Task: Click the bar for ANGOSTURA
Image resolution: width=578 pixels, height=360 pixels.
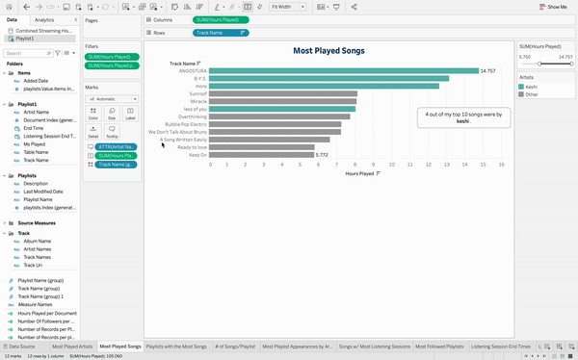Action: [343, 70]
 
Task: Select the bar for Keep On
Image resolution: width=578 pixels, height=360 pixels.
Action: [261, 154]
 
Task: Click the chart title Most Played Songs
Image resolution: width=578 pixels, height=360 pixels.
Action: [329, 50]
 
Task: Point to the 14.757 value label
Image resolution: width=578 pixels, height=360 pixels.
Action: [488, 70]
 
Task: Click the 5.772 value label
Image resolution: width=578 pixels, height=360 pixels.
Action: [322, 154]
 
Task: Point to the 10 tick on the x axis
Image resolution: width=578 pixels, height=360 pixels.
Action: [392, 165]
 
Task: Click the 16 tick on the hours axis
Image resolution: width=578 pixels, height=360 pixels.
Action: [501, 165]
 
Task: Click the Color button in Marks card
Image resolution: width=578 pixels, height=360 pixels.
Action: [93, 115]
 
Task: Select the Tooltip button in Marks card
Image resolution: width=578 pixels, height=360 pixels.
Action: [112, 133]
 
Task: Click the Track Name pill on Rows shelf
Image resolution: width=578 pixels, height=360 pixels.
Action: [222, 32]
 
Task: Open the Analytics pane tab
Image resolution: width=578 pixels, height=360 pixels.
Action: [44, 19]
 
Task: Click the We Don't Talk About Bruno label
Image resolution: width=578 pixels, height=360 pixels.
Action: [176, 132]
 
